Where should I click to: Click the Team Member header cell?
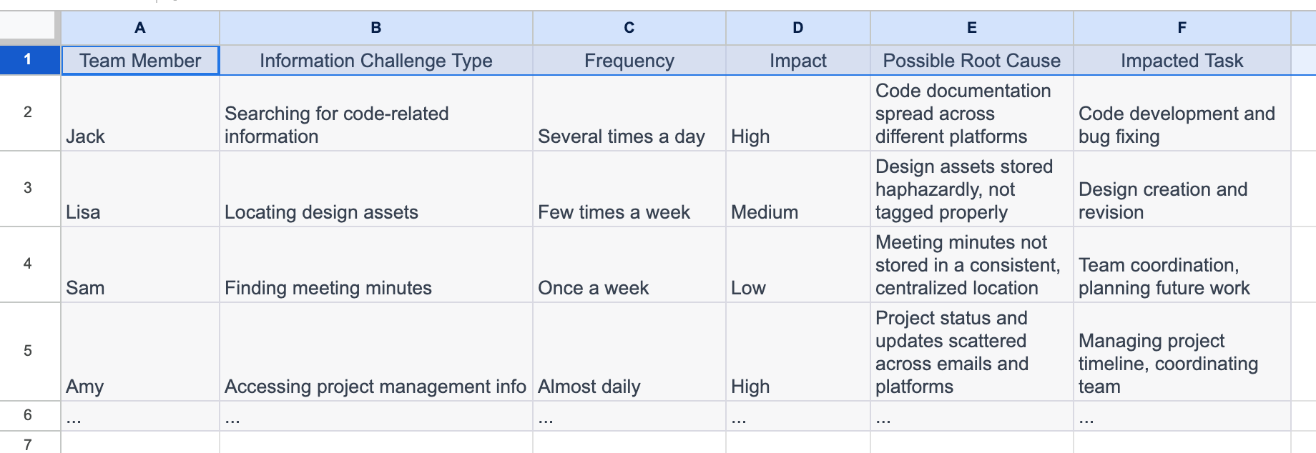(x=140, y=61)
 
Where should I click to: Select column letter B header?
(x=375, y=28)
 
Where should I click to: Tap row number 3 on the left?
(x=28, y=188)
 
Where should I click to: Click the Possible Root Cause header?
(x=971, y=61)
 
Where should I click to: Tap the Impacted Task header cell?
(x=1182, y=61)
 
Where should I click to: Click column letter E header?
(x=971, y=28)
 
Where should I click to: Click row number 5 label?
(x=28, y=351)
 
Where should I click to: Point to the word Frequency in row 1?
(x=629, y=61)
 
